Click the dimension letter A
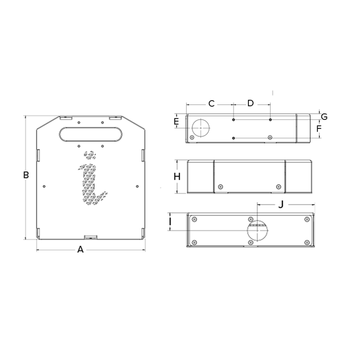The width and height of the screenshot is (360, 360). pos(80,250)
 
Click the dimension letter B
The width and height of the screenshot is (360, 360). pos(26,175)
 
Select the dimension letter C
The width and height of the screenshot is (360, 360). pos(211,103)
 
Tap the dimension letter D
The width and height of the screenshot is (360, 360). pos(250,103)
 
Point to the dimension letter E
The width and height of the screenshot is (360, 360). pos(176,121)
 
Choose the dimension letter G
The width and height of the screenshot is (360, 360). pos(324,117)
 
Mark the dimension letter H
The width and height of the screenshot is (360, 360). pos(177,176)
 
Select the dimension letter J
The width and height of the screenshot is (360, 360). pos(281,204)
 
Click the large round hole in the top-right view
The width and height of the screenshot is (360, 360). pos(199,127)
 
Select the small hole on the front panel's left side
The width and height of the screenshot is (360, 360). pos(45,186)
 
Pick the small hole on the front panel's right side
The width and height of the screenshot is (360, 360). pos(137,186)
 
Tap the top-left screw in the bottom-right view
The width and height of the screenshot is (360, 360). pos(194,220)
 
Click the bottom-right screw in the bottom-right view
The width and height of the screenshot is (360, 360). pos(307,242)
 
